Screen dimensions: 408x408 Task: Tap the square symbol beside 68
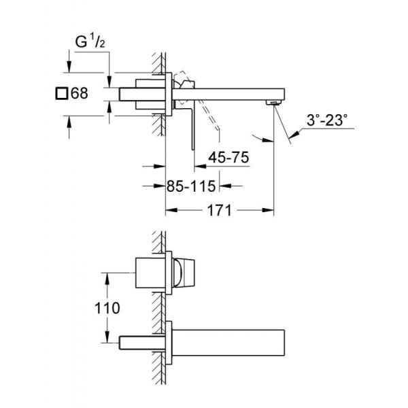coord(62,94)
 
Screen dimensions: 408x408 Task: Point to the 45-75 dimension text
coord(228,156)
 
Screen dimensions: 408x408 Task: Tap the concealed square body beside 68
coord(140,94)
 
